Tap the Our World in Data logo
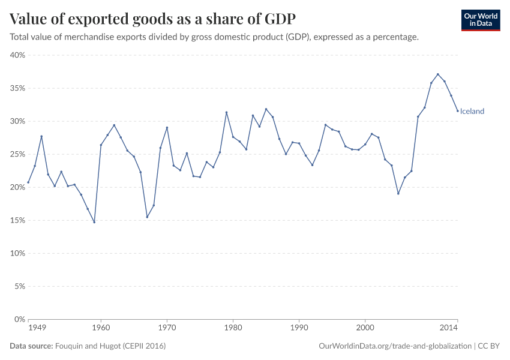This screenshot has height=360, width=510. pos(480,20)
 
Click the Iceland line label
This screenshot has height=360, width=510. pos(472,111)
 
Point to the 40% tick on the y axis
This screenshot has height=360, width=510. pos(17,55)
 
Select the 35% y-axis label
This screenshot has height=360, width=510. pos(17,88)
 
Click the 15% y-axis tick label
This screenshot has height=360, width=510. pos(17,220)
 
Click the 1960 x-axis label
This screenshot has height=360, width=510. pos(101,328)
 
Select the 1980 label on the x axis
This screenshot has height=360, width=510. pos(233,328)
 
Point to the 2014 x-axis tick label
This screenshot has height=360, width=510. pos(449,328)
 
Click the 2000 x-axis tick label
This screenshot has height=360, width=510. pos(365,328)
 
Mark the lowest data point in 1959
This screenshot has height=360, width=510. pos(94,222)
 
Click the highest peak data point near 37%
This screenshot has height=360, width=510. pos(438,74)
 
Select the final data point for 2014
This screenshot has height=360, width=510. pos(458,110)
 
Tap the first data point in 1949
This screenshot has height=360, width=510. pos(28,182)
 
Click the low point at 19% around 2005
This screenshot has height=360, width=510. pos(398,193)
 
